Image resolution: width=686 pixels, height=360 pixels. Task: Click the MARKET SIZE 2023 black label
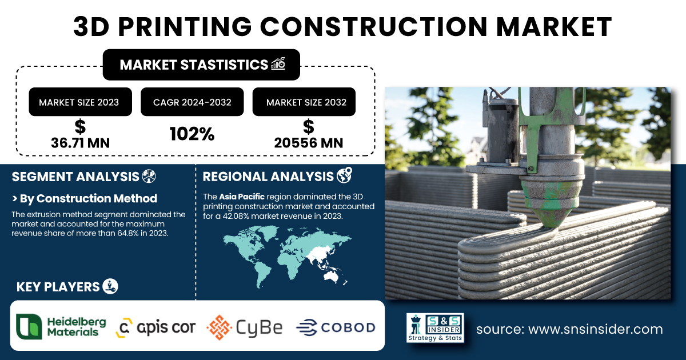(x=80, y=102)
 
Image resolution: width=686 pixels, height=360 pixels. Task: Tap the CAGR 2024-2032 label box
(x=192, y=102)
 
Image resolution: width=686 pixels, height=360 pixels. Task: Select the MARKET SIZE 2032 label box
(x=304, y=102)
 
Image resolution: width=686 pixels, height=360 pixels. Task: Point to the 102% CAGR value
(x=192, y=134)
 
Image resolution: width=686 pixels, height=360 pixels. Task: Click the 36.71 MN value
(x=80, y=143)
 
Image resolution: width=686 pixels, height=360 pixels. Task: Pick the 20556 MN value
(x=308, y=143)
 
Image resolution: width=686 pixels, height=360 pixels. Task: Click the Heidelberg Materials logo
(x=61, y=327)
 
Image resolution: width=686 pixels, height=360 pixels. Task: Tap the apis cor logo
(x=155, y=327)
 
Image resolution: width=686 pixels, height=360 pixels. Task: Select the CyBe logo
(x=245, y=327)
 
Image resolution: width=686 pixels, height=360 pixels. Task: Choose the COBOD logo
(x=336, y=327)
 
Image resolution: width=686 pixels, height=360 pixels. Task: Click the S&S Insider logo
(x=435, y=327)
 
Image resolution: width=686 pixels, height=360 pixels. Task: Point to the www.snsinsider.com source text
(x=595, y=329)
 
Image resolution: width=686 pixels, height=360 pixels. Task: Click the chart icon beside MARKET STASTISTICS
(x=278, y=63)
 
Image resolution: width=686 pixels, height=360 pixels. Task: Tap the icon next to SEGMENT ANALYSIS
(x=149, y=177)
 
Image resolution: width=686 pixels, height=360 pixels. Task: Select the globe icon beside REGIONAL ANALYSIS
(x=344, y=175)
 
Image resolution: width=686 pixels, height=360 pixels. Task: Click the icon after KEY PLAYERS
(x=110, y=286)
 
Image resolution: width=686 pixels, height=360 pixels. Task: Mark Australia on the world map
(x=332, y=277)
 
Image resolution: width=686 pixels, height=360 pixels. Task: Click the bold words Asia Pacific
(x=242, y=197)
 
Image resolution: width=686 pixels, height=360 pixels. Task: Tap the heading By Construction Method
(x=89, y=198)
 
